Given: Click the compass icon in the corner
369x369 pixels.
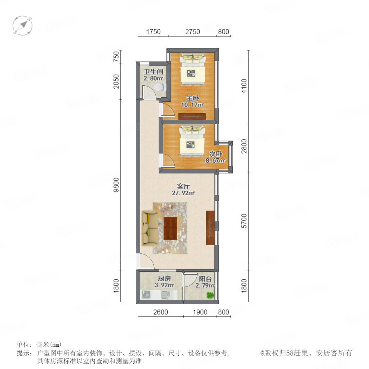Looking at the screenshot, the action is (23, 25).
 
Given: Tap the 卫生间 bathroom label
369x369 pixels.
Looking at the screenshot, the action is (154, 71).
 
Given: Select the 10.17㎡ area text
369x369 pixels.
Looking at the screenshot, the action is (192, 105).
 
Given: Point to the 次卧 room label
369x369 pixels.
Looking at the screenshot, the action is (216, 154).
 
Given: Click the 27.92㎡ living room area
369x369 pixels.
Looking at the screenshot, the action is (183, 193).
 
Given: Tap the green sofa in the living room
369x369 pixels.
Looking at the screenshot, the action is (150, 228).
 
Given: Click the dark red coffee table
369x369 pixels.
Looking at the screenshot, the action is (171, 228).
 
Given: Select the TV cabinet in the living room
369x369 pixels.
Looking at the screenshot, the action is (210, 228).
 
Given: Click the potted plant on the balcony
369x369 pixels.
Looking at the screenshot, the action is (210, 295).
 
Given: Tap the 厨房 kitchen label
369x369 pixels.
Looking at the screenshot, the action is (164, 279).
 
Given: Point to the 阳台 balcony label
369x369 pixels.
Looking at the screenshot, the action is (205, 279).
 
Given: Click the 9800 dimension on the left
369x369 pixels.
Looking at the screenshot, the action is (116, 185).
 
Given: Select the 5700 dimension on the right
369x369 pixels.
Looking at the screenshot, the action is (244, 221).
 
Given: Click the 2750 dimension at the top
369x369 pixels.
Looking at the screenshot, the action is (193, 32).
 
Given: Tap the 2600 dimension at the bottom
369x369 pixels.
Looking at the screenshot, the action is (160, 312).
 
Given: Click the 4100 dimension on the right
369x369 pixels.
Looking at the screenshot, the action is (244, 86).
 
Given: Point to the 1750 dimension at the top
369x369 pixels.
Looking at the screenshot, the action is (153, 32).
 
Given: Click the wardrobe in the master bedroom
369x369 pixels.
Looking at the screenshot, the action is (192, 116).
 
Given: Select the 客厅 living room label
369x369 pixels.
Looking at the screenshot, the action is (183, 187).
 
